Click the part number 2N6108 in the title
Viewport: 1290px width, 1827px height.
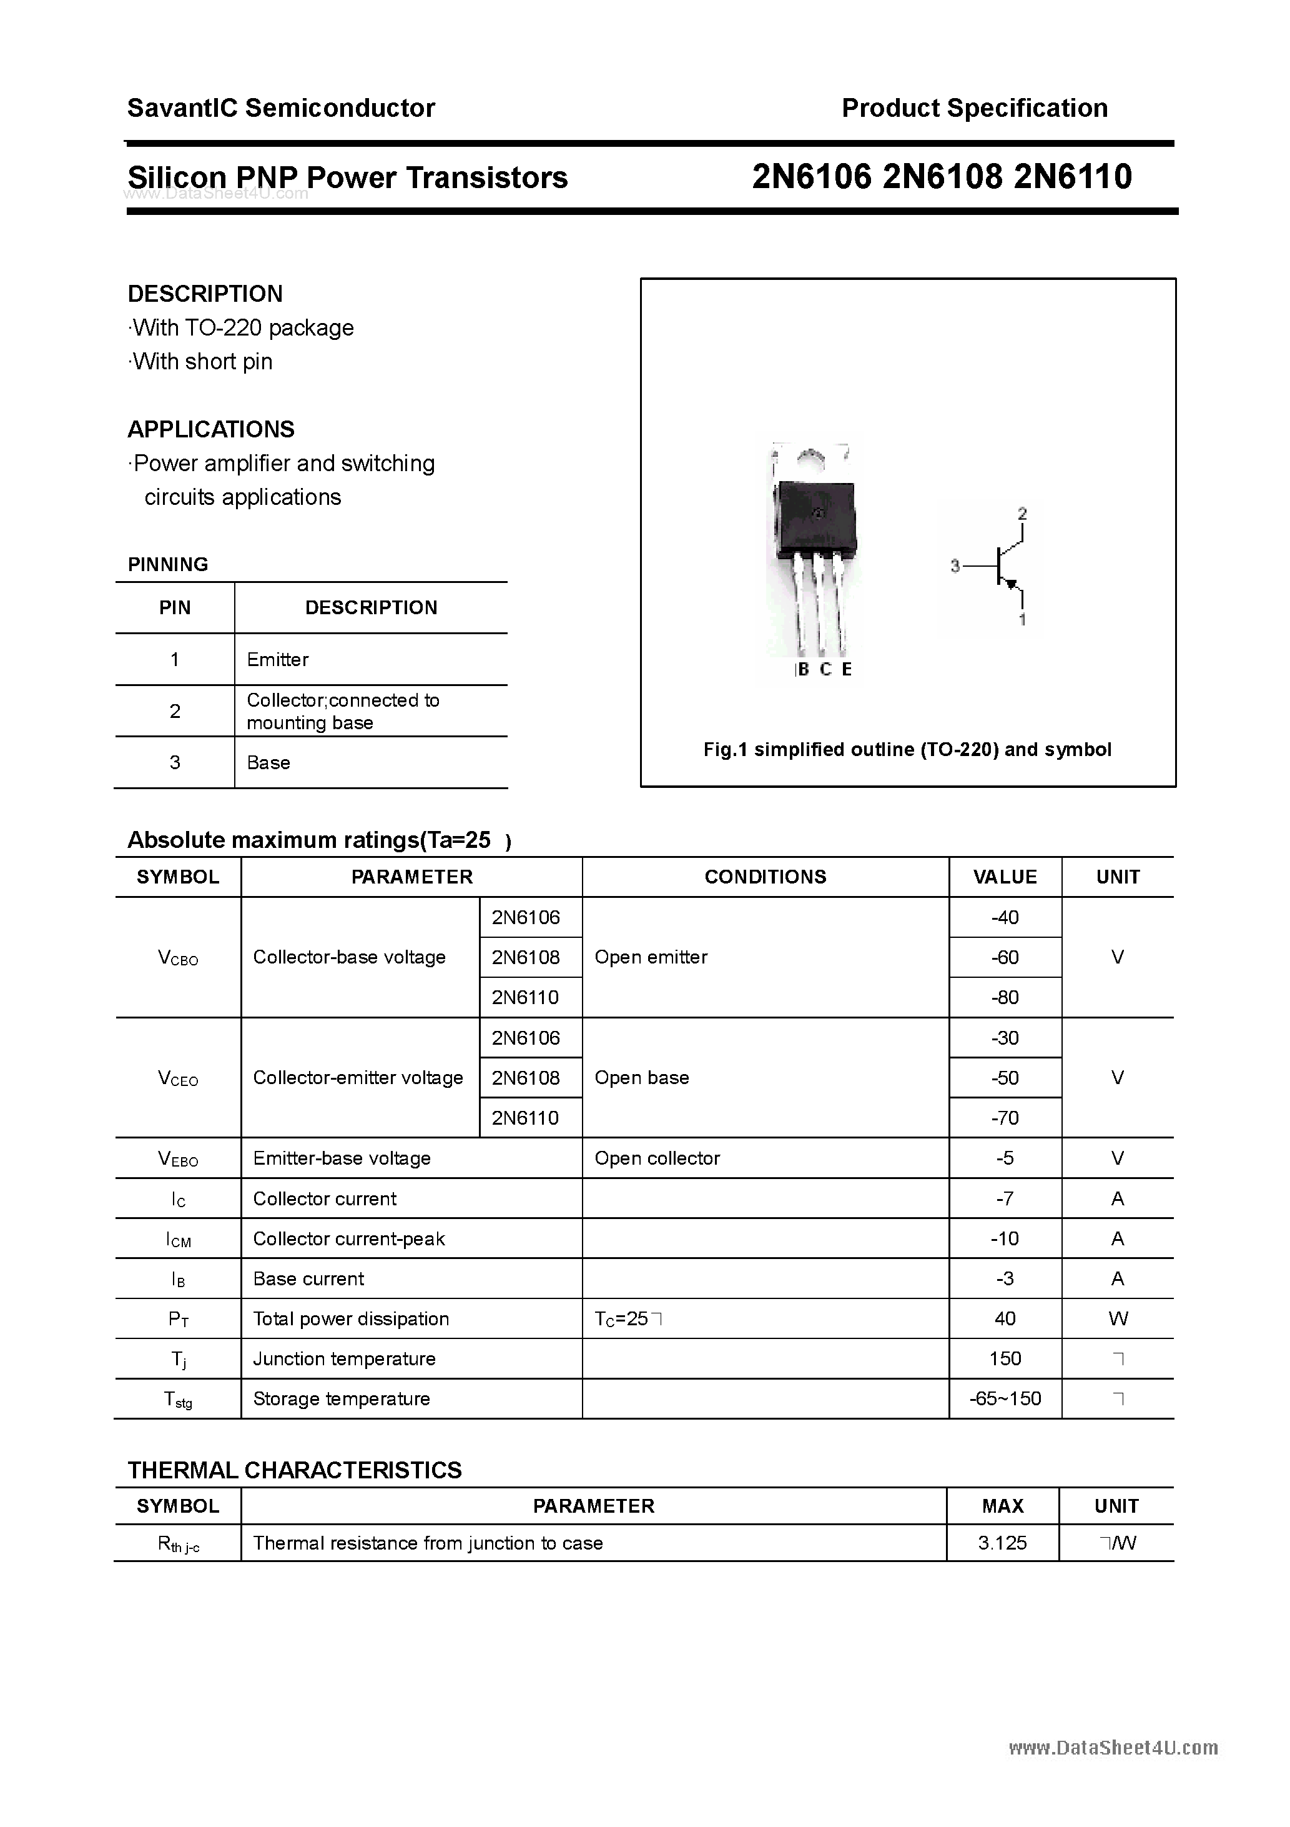click(942, 177)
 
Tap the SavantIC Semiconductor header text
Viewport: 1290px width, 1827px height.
click(281, 108)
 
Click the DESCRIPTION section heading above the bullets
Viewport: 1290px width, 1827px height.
click(205, 294)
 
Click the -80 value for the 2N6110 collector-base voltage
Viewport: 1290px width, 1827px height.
click(1005, 997)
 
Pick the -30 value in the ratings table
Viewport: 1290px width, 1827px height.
click(1005, 1038)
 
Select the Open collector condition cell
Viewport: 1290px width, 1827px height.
click(657, 1158)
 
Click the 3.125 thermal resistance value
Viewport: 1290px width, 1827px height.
click(1002, 1543)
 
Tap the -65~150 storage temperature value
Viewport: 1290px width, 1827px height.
click(1005, 1398)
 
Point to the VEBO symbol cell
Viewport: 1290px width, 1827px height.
click(178, 1158)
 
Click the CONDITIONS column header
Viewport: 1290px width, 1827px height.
click(765, 877)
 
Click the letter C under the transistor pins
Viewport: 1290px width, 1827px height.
click(825, 669)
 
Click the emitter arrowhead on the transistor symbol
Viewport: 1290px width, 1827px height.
click(1012, 585)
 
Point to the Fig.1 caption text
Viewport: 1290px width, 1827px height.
click(907, 750)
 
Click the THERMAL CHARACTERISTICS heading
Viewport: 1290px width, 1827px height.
click(294, 1470)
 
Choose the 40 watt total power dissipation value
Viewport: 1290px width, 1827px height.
click(1005, 1318)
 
